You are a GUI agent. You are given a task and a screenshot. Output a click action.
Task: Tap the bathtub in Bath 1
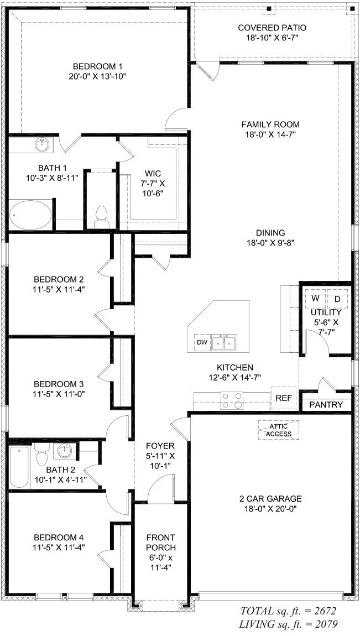coord(30,216)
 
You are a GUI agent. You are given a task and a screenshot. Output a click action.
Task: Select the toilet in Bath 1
coord(101,216)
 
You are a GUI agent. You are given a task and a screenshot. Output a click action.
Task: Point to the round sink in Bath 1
coord(42,145)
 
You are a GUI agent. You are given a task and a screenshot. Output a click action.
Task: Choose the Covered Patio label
coord(272,28)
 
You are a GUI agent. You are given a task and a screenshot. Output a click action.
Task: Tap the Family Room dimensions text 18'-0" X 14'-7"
coord(270,135)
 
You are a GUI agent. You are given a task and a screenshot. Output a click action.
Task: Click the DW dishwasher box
coord(202,343)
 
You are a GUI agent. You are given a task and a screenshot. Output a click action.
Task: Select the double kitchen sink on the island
coord(225,343)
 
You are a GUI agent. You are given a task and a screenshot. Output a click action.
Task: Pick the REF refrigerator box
coord(284,398)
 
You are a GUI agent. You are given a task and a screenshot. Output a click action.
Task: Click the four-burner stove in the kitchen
coord(232,400)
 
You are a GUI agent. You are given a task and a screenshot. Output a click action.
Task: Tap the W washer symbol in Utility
coord(315,299)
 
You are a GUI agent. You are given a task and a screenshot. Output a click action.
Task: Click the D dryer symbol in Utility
coord(337,299)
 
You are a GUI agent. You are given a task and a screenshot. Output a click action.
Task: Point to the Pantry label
coord(326,405)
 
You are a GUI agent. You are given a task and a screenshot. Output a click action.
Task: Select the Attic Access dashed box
coord(279,430)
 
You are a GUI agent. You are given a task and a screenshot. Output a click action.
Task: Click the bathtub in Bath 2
coord(19,467)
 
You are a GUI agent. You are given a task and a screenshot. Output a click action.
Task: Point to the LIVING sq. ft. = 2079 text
coord(288,624)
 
